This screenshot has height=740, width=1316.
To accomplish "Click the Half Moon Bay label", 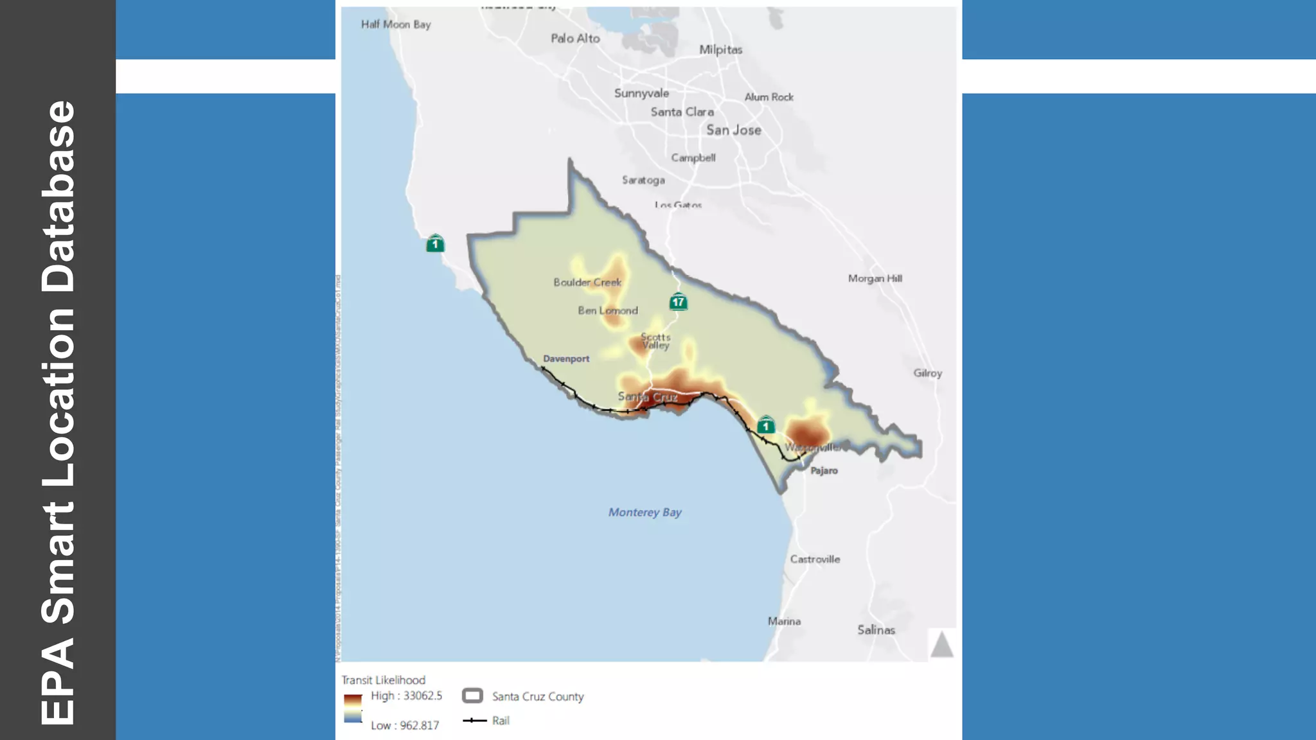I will click(396, 24).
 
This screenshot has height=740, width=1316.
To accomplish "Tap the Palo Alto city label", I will click(575, 39).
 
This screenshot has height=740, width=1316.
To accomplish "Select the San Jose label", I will click(734, 130).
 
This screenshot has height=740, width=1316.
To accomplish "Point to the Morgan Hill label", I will click(875, 278).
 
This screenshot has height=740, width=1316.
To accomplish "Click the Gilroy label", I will click(927, 373).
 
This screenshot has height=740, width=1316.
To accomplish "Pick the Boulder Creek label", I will click(587, 282).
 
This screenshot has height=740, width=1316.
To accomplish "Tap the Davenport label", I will click(566, 358).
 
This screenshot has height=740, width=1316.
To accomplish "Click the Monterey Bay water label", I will click(645, 512).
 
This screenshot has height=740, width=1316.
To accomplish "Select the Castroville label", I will click(815, 559).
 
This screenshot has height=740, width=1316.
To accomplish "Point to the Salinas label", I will click(876, 630).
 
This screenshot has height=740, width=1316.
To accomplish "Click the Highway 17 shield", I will click(678, 301).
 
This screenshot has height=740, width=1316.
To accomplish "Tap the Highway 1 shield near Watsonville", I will click(765, 425).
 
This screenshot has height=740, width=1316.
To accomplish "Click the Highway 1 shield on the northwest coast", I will click(435, 243).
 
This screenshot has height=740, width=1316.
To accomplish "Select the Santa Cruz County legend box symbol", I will click(472, 696).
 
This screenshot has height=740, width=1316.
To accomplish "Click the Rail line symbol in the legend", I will click(474, 720).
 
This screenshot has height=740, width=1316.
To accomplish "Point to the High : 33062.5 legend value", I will click(406, 696).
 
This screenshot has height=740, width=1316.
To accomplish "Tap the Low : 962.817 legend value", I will click(405, 725).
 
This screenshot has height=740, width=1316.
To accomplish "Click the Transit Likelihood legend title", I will click(383, 680).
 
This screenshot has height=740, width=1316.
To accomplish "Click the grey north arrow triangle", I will click(941, 644).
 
